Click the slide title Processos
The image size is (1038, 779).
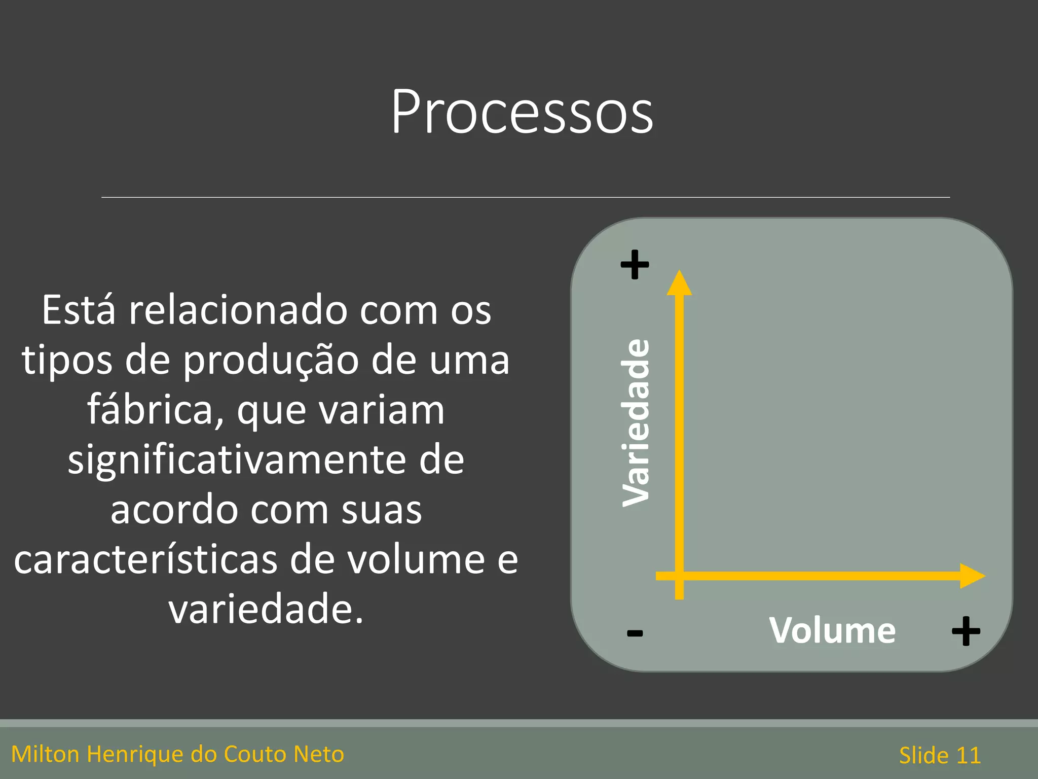click(522, 112)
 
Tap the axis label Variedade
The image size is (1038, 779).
click(636, 422)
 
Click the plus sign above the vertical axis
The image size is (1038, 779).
click(635, 264)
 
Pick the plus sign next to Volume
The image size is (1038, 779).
click(966, 631)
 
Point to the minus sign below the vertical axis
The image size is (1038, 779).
click(635, 633)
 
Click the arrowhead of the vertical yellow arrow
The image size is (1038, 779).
click(679, 283)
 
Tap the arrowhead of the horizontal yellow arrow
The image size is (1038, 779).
click(972, 576)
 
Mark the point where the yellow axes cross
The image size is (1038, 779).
click(679, 576)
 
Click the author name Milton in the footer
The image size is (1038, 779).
click(45, 754)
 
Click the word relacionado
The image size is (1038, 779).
click(238, 310)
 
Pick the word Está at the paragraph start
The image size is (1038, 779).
click(79, 310)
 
